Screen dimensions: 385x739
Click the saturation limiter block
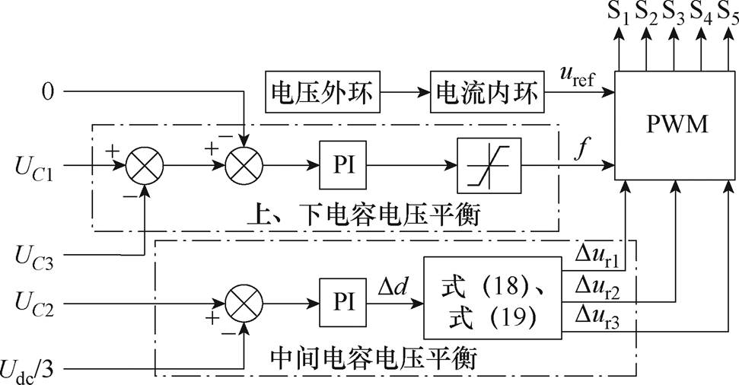489,164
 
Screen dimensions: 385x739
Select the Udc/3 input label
33,371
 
